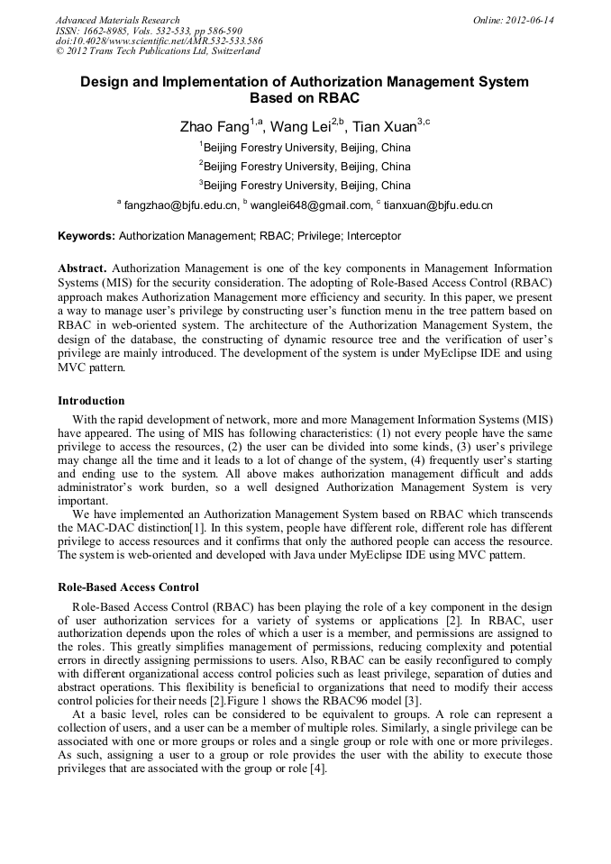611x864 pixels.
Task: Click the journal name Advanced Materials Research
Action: pyautogui.click(x=117, y=20)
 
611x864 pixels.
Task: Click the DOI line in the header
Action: pyautogui.click(x=160, y=41)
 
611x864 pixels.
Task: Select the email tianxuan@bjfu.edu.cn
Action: pyautogui.click(x=438, y=205)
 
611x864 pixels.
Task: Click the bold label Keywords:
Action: pyautogui.click(x=87, y=236)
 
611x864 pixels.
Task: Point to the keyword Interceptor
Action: pyautogui.click(x=371, y=236)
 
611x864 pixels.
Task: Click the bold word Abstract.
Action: pyautogui.click(x=82, y=268)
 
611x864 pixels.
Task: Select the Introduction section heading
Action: pyautogui.click(x=91, y=400)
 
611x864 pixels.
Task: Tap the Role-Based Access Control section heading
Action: pyautogui.click(x=128, y=587)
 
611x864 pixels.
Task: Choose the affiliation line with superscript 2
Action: pyautogui.click(x=305, y=167)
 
